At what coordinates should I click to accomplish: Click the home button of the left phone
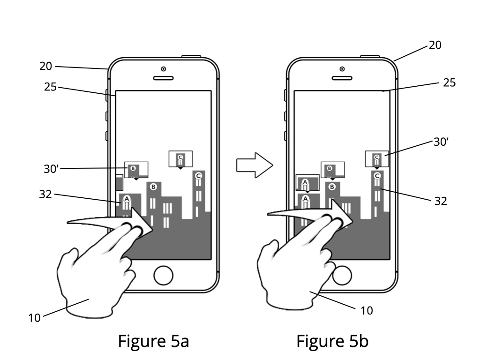coord(163,276)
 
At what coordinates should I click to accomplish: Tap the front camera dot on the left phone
coord(164,69)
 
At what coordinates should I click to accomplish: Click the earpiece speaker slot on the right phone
coord(342,78)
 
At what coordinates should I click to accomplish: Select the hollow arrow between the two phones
coord(255,165)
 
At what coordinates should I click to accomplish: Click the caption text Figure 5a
coord(153,341)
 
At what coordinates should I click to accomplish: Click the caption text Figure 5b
coord(332,341)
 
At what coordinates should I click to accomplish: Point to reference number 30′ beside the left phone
coord(51,169)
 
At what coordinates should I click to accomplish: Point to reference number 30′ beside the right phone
coord(441,142)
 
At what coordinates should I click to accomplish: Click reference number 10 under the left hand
coord(34,318)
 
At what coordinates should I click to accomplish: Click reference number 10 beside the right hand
coord(367,311)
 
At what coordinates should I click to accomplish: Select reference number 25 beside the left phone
coord(50,87)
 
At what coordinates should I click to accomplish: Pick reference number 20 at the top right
coord(435,45)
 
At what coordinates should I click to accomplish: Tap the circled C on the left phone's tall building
coord(198,176)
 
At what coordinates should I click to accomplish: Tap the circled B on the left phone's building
coord(153,187)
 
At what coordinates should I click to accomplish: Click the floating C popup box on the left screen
coord(180,159)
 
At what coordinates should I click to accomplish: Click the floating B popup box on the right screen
coord(332,170)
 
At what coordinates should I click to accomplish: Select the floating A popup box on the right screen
coord(307,183)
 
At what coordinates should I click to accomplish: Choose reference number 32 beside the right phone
coord(441,201)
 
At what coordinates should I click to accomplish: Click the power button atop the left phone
coord(191,56)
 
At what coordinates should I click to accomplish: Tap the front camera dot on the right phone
coord(342,69)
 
